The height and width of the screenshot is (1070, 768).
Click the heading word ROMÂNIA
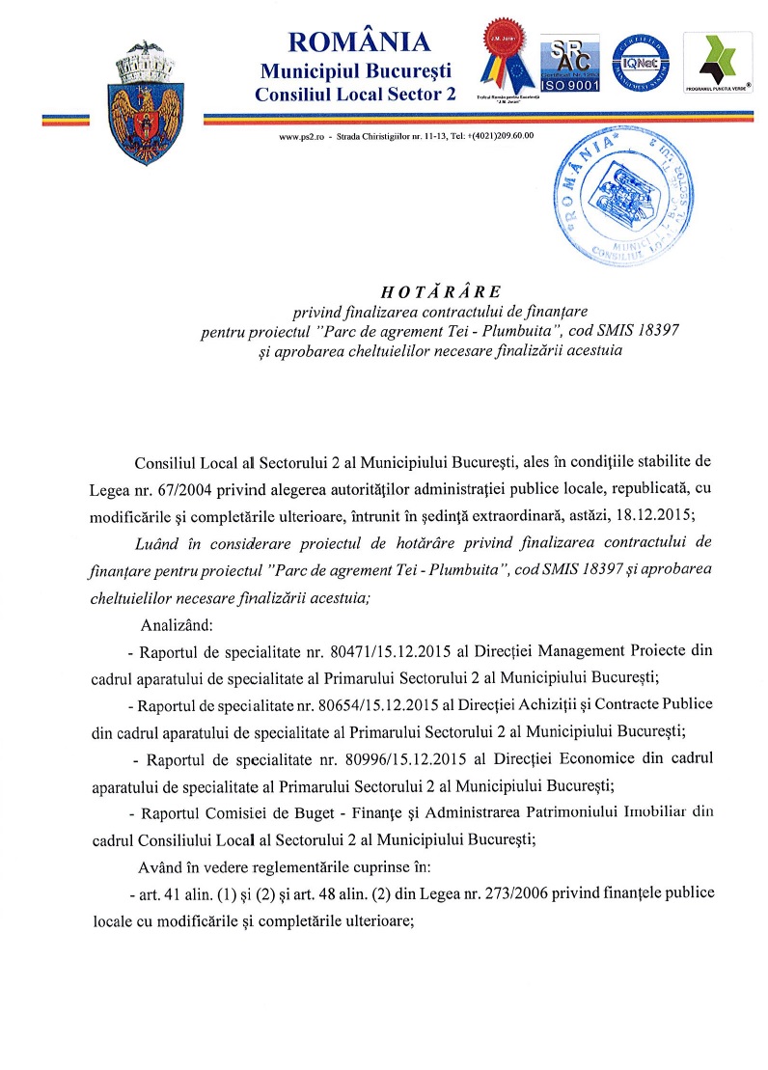(x=358, y=42)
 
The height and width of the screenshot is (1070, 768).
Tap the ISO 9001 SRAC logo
(x=569, y=66)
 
